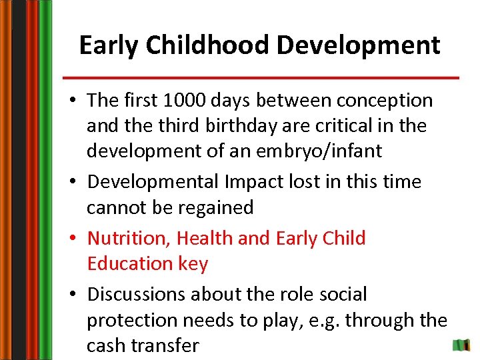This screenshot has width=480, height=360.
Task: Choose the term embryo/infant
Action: [325, 151]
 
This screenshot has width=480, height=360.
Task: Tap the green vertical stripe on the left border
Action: [45, 180]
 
